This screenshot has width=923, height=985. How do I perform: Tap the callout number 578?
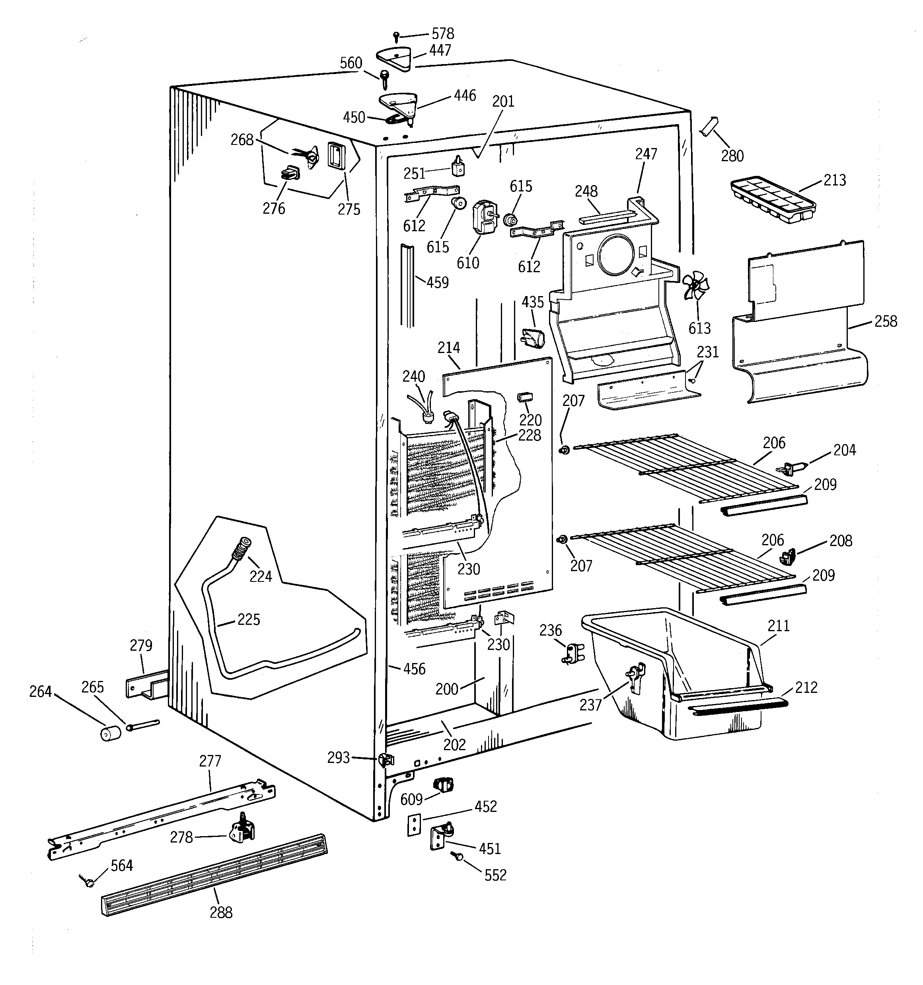click(x=442, y=34)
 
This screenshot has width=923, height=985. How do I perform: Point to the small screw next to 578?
click(x=396, y=36)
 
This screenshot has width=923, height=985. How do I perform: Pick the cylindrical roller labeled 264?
click(x=111, y=732)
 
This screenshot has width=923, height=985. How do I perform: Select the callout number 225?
click(x=248, y=619)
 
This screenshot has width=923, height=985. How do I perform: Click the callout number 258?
click(x=885, y=321)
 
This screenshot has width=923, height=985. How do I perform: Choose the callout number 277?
click(x=210, y=761)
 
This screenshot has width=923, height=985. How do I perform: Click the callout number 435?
click(x=533, y=302)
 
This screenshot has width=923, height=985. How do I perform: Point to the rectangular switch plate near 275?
click(x=337, y=156)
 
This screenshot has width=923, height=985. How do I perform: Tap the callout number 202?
click(x=454, y=744)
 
